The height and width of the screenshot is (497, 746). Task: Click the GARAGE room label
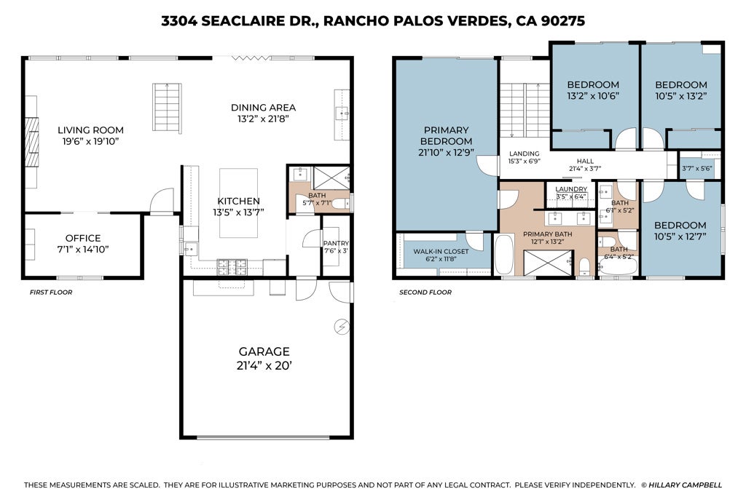point(264,351)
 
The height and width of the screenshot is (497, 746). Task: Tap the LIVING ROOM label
point(90,130)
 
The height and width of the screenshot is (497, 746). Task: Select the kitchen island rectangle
point(238,203)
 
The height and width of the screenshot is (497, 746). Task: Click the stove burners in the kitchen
point(232,267)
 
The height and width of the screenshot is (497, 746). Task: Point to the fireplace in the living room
point(31,142)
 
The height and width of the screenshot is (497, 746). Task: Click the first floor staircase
point(167,107)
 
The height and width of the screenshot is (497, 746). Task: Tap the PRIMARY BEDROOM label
point(447,135)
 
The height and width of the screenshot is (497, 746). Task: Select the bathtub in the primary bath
point(504,254)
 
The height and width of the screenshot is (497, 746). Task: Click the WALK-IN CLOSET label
point(441,251)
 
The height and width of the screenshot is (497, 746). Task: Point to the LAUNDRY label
point(571,189)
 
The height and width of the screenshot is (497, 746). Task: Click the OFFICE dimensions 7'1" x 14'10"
point(83,249)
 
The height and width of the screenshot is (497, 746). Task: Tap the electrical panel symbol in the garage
point(342,327)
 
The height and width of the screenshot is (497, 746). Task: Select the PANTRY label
point(336,243)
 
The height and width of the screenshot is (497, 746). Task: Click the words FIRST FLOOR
point(51,293)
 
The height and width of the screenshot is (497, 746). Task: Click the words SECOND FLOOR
point(425,293)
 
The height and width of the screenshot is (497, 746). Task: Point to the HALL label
point(585,161)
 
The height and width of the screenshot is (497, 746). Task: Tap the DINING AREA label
point(263,108)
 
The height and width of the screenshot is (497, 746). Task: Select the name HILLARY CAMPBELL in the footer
point(685,485)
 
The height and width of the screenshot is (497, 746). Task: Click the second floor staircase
point(525,110)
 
